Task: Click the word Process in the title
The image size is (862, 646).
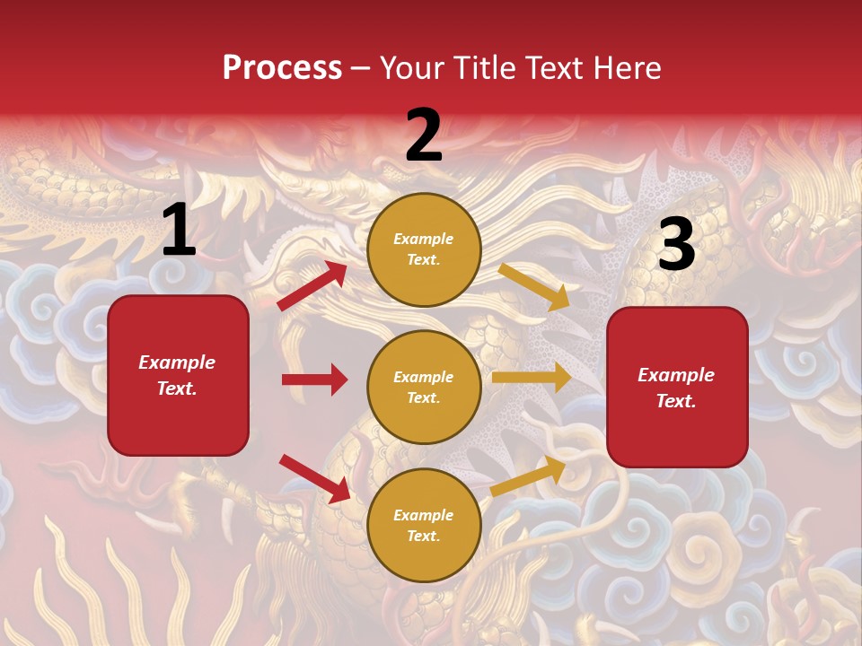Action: (282, 67)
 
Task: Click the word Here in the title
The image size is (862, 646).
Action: (626, 67)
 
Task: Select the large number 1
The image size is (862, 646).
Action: (179, 231)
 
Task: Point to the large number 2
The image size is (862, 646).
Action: (424, 136)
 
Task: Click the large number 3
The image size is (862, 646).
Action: (676, 246)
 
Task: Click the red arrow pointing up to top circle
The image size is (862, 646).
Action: (312, 285)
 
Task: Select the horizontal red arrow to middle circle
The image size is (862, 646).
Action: (314, 380)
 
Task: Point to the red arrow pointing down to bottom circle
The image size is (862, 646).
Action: (315, 478)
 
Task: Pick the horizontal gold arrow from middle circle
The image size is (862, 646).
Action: (532, 378)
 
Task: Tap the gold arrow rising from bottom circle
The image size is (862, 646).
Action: (528, 476)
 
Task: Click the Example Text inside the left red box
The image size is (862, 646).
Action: (178, 375)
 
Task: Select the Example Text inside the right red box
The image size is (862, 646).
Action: (676, 388)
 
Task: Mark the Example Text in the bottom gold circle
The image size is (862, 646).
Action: (424, 525)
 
